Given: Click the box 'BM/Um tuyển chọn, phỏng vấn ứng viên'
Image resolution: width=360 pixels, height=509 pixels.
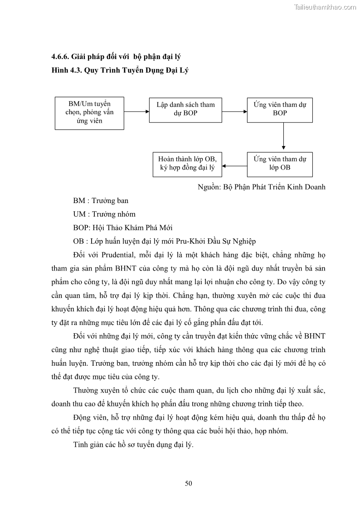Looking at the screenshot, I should point(89,113).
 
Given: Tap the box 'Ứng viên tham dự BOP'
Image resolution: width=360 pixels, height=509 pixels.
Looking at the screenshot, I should point(280,109).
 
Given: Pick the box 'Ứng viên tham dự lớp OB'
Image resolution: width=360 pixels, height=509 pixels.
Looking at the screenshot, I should point(280,163).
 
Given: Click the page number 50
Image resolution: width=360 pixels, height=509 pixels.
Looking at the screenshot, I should point(188,483).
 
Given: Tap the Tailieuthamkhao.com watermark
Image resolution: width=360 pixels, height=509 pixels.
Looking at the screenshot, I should point(325,7).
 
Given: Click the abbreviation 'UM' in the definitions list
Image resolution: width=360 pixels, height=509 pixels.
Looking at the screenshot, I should point(79,214).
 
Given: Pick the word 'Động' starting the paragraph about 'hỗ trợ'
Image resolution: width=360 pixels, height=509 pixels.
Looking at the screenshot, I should point(82,417).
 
